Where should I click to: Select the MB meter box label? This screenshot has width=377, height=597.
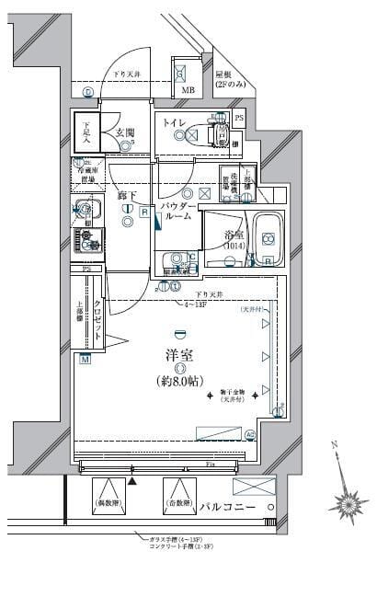188,90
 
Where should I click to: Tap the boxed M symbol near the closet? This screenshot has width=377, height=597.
85,359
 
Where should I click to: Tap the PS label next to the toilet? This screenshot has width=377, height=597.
239,119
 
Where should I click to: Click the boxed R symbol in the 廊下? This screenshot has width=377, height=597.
144,212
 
